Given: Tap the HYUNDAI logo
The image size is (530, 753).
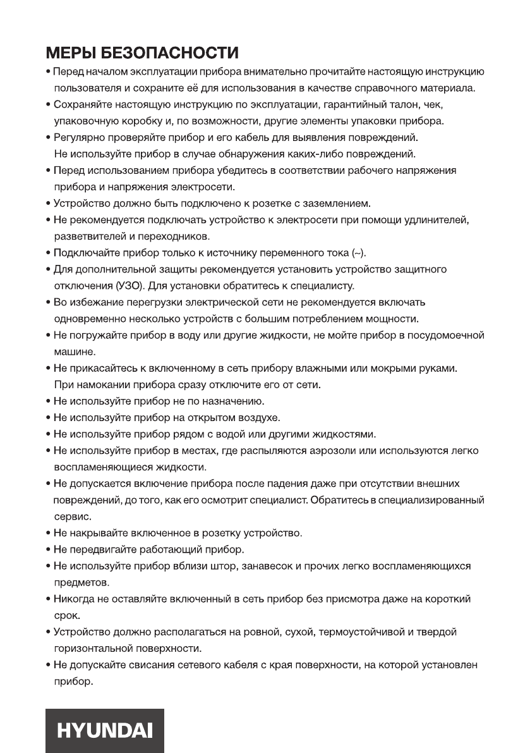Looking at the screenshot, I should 105,730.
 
